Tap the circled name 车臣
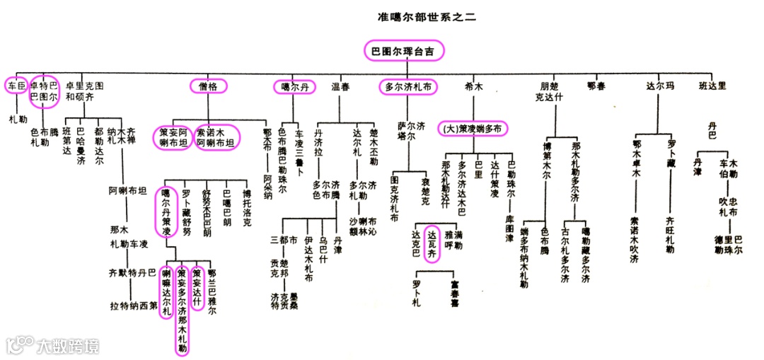coord(16,86)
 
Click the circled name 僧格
coord(209,86)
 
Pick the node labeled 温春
coord(340,87)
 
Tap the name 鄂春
coord(596,86)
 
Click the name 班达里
coord(712,86)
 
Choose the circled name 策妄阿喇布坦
coord(173,136)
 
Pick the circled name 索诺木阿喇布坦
coord(217,136)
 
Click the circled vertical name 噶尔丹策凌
coord(166,211)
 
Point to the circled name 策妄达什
coord(198,290)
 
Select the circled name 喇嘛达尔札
coord(167,291)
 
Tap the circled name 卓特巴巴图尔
coord(44,92)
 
